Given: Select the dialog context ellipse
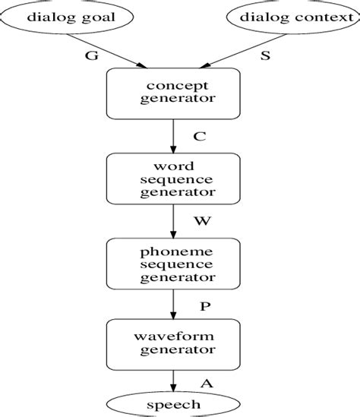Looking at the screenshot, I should click(x=287, y=16).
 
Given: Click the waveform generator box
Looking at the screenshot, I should click(x=174, y=344).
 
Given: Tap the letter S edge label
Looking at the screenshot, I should click(x=265, y=55).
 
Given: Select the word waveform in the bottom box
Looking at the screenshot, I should click(x=174, y=336).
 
